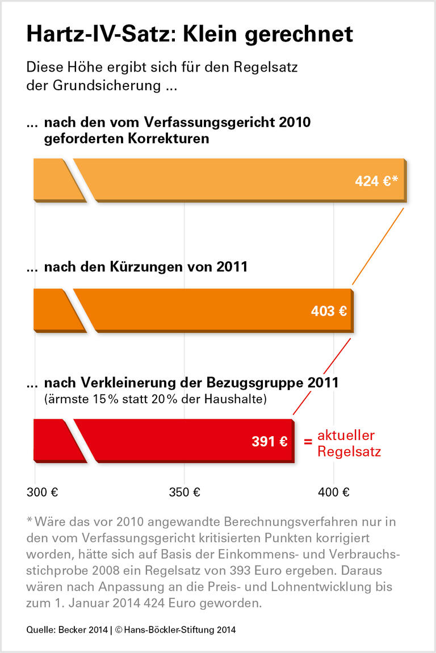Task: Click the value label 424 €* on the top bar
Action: coord(376,181)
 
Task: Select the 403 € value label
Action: coord(329,311)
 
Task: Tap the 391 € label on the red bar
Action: coord(269,441)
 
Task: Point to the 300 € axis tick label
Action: coord(43,492)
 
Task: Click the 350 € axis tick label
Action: coord(185,492)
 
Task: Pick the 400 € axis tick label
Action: coord(334,492)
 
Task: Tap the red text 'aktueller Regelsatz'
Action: coord(349,443)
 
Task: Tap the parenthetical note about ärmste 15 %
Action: coord(155,399)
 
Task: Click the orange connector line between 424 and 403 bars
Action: coord(378,246)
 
